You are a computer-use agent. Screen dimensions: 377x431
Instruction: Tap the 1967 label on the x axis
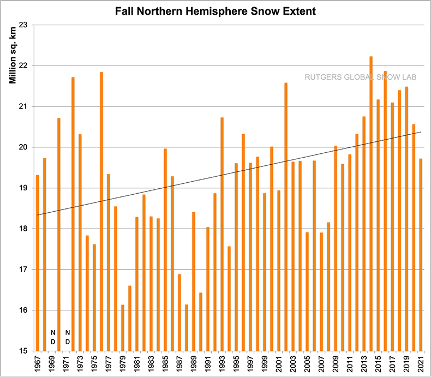pyautogui.click(x=37, y=364)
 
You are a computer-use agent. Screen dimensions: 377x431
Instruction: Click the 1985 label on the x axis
pyautogui.click(x=165, y=364)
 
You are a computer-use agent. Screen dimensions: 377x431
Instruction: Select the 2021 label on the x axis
pyautogui.click(x=420, y=364)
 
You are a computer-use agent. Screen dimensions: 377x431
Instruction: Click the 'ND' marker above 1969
pyautogui.click(x=53, y=337)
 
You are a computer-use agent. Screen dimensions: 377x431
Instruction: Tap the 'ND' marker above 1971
pyautogui.click(x=67, y=337)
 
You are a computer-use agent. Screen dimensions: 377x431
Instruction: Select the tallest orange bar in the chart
pyautogui.click(x=371, y=207)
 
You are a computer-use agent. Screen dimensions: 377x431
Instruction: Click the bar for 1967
pyautogui.click(x=37, y=262)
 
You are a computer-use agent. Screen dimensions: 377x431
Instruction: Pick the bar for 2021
pyautogui.click(x=420, y=256)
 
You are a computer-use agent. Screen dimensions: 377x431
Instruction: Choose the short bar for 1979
pyautogui.click(x=123, y=327)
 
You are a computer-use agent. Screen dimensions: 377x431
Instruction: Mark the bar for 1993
pyautogui.click(x=222, y=235)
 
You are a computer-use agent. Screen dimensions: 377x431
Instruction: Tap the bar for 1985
pyautogui.click(x=165, y=251)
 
